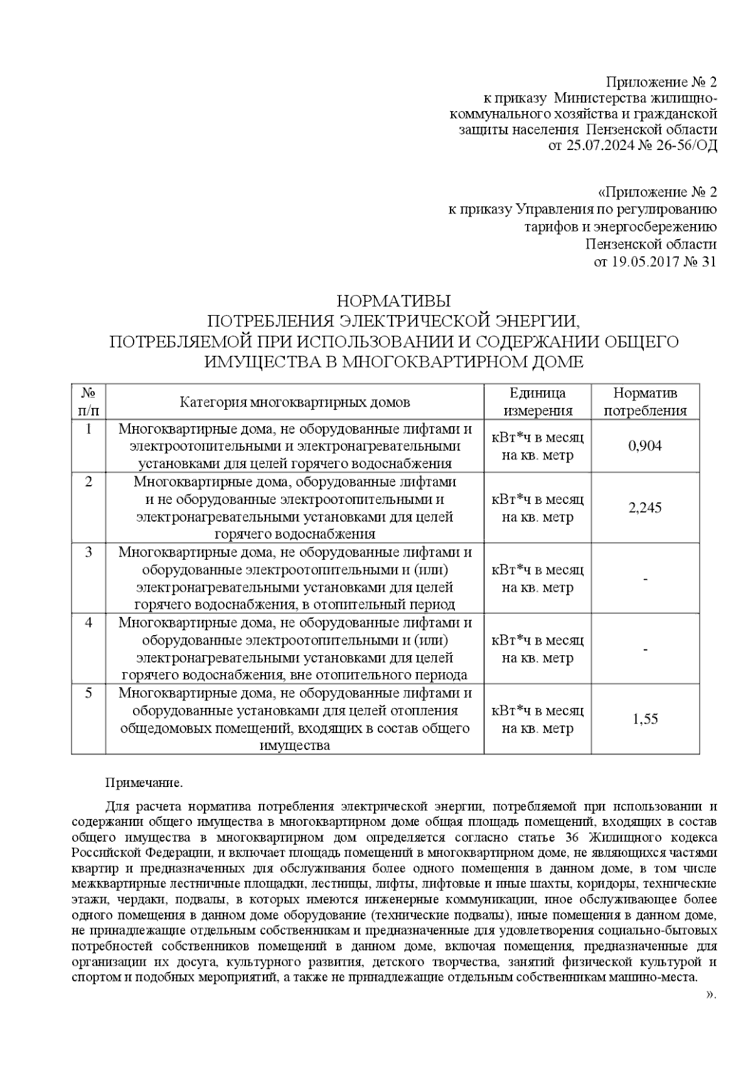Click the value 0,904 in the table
click(x=644, y=446)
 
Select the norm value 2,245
click(x=644, y=508)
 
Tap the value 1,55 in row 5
click(x=645, y=719)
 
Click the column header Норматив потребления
click(x=644, y=402)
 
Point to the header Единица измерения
click(x=537, y=402)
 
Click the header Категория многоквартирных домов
click(x=295, y=402)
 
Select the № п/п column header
click(x=88, y=402)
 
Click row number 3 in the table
click(x=88, y=552)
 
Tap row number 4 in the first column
click(x=88, y=623)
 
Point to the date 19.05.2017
click(x=641, y=262)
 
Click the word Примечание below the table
click(x=144, y=783)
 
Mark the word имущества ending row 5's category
click(x=295, y=746)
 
